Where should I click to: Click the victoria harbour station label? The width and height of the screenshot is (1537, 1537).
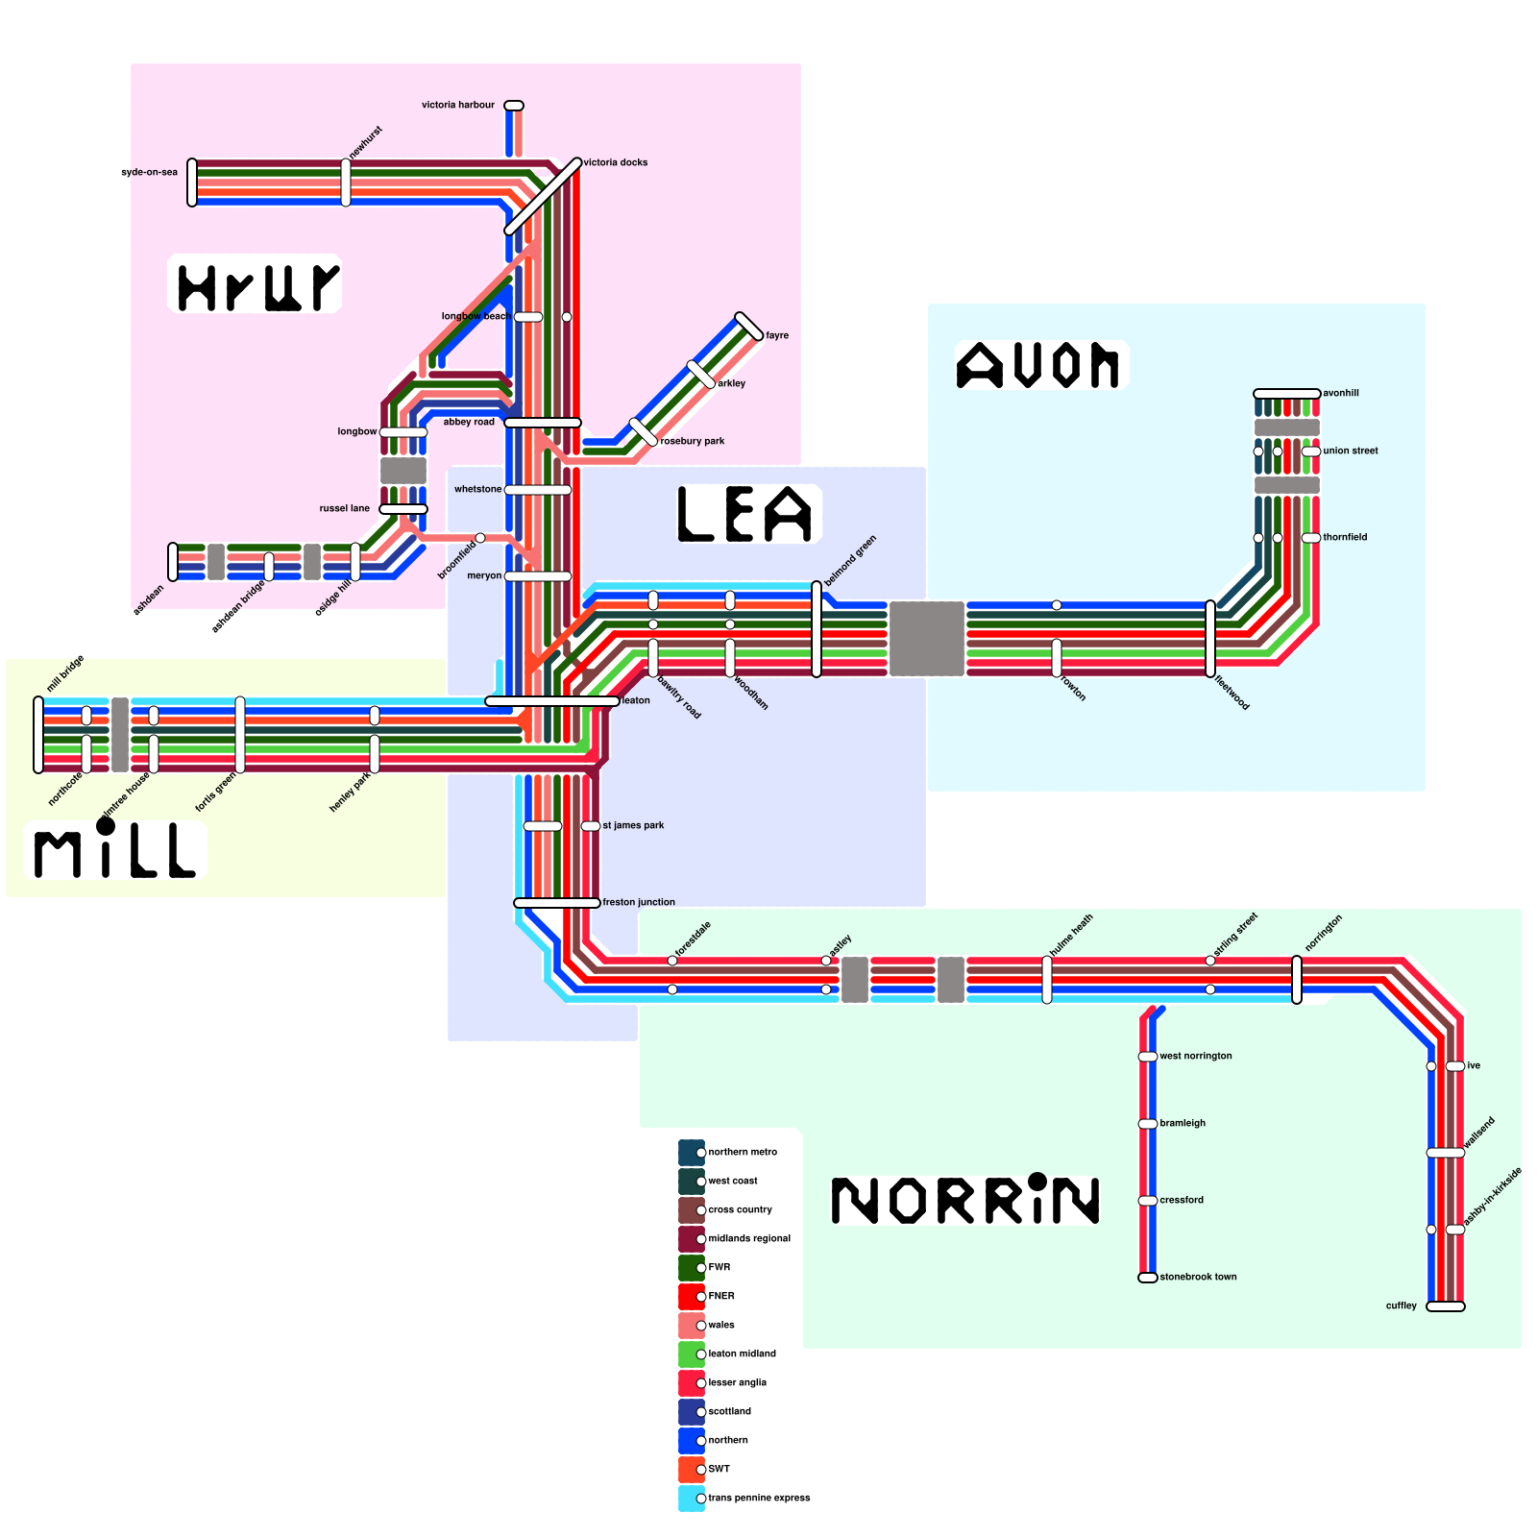tap(458, 105)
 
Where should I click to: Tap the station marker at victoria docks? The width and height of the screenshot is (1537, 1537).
tap(543, 197)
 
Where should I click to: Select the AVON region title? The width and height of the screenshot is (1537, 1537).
tap(1038, 366)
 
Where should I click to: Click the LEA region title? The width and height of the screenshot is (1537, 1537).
tap(746, 514)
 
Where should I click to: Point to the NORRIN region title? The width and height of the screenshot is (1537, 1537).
tap(964, 1200)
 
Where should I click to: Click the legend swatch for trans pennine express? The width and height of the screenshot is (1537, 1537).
tap(692, 1499)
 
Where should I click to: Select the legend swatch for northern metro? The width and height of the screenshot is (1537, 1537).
tap(692, 1153)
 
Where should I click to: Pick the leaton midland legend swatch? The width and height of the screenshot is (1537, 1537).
tap(692, 1354)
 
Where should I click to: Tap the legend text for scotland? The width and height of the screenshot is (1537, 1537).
tap(729, 1411)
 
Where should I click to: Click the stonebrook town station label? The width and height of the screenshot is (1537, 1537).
tap(1198, 1277)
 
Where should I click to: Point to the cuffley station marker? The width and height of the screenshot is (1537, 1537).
tap(1446, 1306)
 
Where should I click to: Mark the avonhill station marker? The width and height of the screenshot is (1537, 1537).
tap(1287, 394)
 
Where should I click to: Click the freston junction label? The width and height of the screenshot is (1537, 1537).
tap(639, 902)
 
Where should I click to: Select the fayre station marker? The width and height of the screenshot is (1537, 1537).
tap(749, 327)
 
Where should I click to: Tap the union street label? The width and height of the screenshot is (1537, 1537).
tap(1350, 451)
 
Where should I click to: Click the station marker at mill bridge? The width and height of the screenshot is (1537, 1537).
tap(38, 735)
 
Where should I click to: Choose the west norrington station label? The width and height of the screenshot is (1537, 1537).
tap(1195, 1056)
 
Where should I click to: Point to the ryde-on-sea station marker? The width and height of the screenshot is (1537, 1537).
tap(192, 183)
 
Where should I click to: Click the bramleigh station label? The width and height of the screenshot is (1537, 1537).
tap(1182, 1123)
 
